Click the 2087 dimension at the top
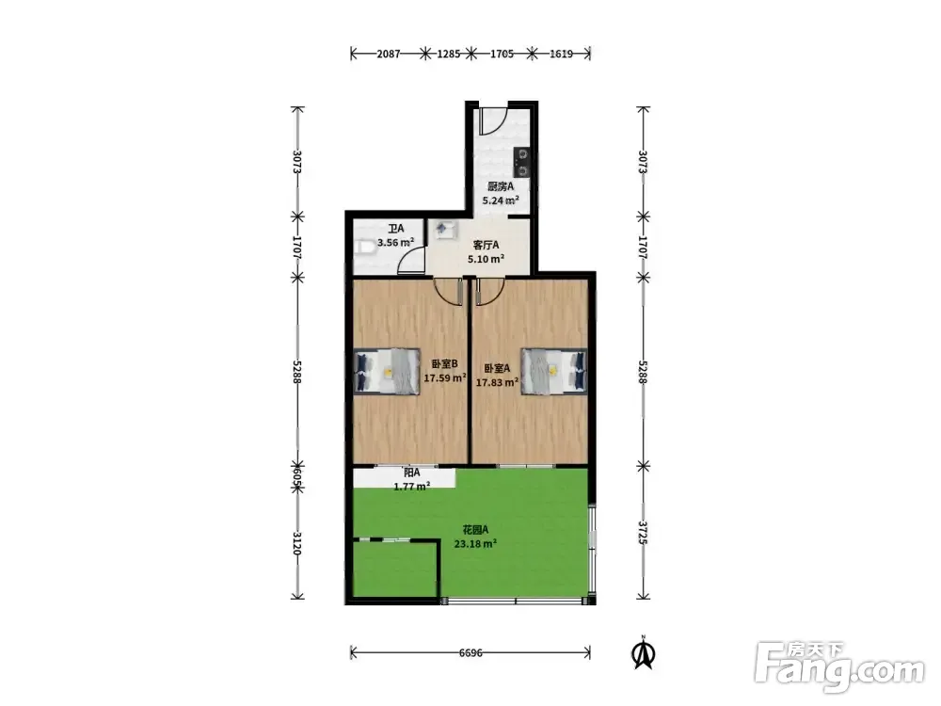389,54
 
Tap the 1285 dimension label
448,54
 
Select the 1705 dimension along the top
502,54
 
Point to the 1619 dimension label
561,54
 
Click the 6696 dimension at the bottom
470,652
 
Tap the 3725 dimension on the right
643,533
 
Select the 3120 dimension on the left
297,543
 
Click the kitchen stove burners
522,163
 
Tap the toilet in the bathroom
365,247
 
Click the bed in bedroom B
387,371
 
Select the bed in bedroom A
553,371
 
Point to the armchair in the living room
446,230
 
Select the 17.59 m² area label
445,378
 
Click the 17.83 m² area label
497,382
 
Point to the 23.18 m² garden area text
475,544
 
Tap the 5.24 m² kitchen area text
501,201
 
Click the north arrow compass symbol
644,652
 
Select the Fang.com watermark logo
839,667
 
